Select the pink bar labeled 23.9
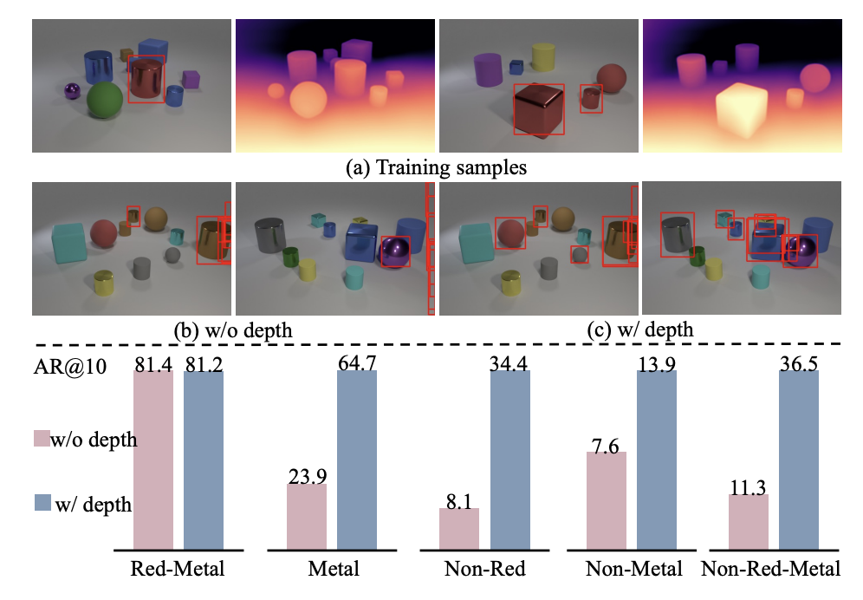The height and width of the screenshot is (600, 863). coord(307,516)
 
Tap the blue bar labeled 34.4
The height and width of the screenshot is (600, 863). coord(510,460)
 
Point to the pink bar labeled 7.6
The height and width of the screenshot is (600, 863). coord(606,500)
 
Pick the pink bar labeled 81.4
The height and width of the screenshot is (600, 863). coord(153,460)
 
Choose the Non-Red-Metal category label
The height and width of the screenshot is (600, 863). coord(770,570)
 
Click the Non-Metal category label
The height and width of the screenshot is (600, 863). coord(633,570)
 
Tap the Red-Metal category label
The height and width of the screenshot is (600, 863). coord(177,570)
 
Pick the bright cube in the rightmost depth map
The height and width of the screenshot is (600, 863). coord(742,111)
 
